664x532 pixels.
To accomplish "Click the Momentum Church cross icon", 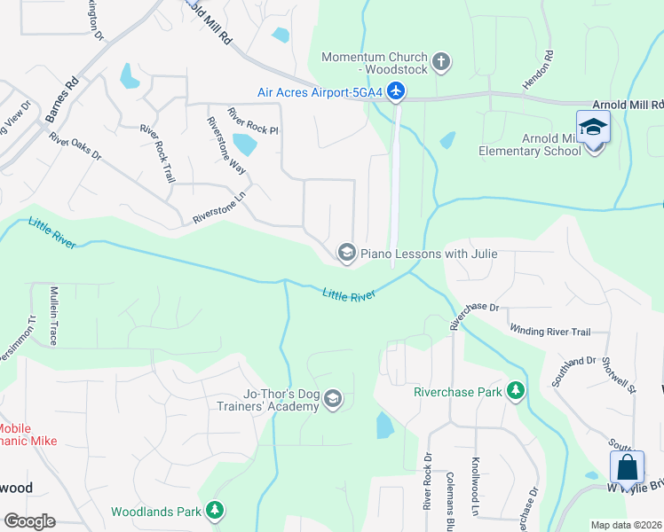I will click(x=441, y=63).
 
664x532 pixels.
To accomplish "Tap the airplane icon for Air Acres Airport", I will click(x=396, y=91).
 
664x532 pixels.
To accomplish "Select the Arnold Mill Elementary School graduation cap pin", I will click(x=593, y=128).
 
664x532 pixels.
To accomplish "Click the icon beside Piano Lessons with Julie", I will click(x=346, y=254).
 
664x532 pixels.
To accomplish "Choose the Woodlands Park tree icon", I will click(x=214, y=512).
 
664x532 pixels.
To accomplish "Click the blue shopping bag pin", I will click(x=627, y=467).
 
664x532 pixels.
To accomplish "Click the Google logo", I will click(x=29, y=521).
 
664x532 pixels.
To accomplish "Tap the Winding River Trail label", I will click(x=549, y=332).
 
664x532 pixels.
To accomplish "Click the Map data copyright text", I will click(x=627, y=525).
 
